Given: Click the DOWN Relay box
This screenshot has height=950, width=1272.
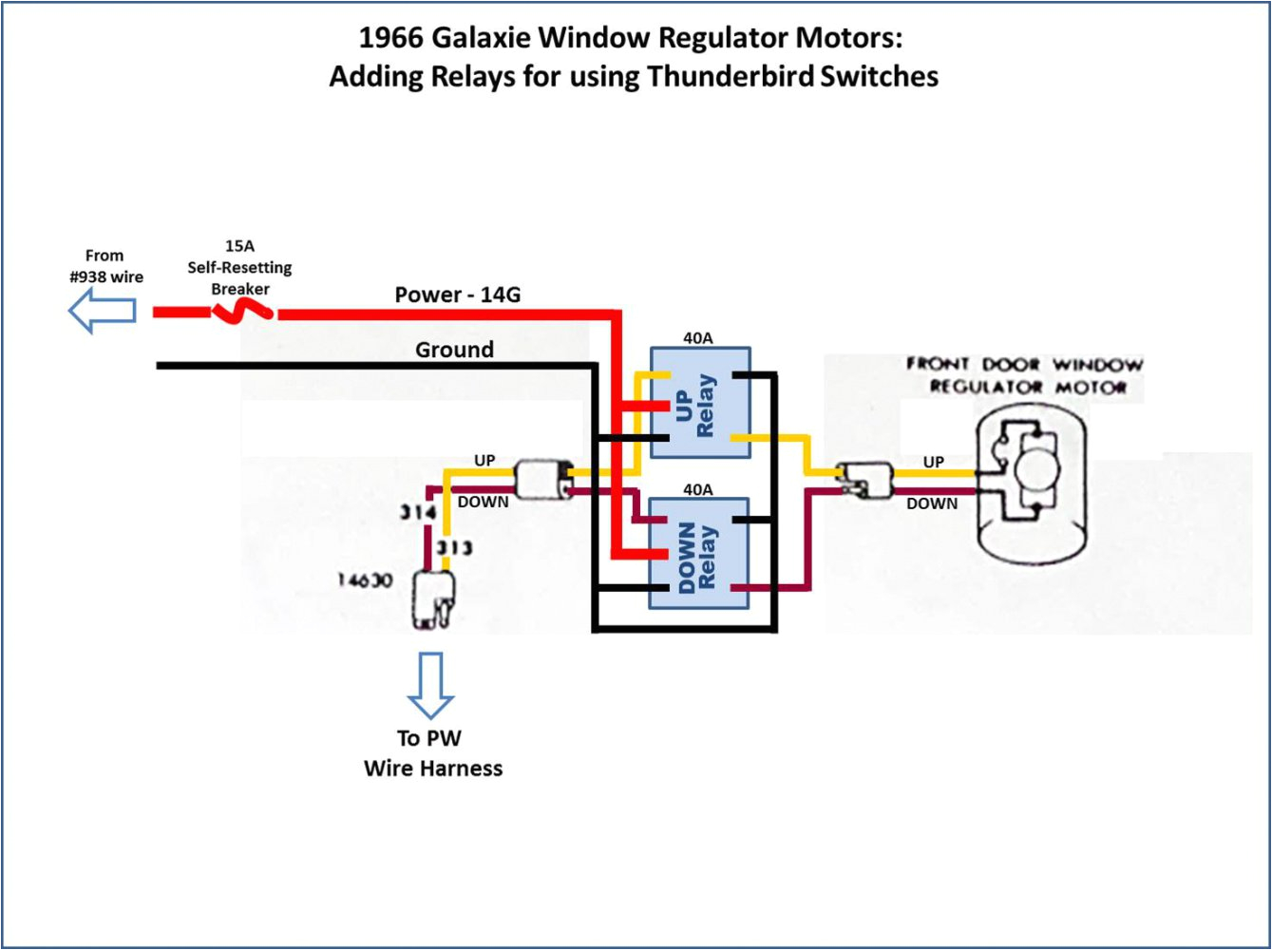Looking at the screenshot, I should click(x=700, y=554).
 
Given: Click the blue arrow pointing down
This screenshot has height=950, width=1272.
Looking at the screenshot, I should click(x=430, y=684).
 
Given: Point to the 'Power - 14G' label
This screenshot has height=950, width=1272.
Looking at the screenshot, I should click(x=457, y=294).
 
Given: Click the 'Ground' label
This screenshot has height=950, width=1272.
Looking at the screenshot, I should click(x=454, y=350).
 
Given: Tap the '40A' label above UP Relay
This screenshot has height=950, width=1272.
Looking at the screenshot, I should click(x=697, y=337).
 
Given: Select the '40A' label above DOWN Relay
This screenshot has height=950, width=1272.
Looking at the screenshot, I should click(x=697, y=489).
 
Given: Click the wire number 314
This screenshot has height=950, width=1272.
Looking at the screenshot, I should click(x=417, y=513).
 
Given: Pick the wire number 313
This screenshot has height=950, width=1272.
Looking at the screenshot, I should click(x=454, y=548).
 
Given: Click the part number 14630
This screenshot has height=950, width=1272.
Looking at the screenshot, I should click(x=365, y=579).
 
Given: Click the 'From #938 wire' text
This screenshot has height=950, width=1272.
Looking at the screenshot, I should click(x=105, y=267).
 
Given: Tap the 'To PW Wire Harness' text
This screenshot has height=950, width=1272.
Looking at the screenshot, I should click(x=432, y=753).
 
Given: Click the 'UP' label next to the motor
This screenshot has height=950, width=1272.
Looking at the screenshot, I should click(x=934, y=462).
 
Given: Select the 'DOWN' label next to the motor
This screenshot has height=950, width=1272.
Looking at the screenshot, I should click(x=931, y=503).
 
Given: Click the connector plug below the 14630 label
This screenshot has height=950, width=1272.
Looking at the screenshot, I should click(x=433, y=600).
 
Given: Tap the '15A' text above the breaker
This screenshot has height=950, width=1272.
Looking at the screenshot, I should click(x=239, y=246).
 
